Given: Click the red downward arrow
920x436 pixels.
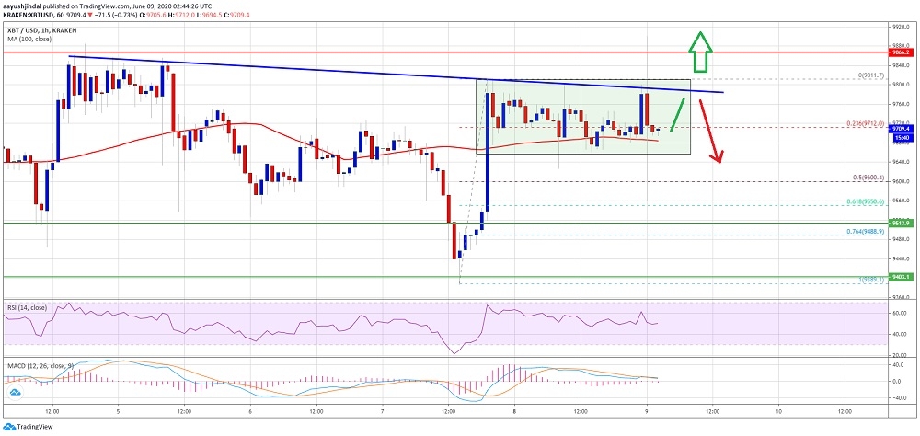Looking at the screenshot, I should pyautogui.click(x=713, y=129).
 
